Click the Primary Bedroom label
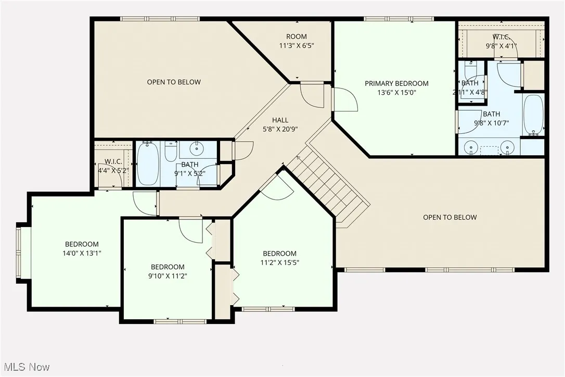pyautogui.click(x=396, y=83)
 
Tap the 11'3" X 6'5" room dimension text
pyautogui.click(x=296, y=45)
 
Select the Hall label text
pyautogui.click(x=279, y=120)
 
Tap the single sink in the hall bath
pyautogui.click(x=197, y=149)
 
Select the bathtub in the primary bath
pyautogui.click(x=533, y=115)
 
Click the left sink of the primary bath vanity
pyautogui.click(x=471, y=148)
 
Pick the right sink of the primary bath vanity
pyautogui.click(x=508, y=148)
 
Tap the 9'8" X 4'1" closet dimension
pyautogui.click(x=502, y=46)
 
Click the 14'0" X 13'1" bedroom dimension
pyautogui.click(x=82, y=253)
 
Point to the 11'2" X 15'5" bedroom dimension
pyautogui.click(x=279, y=262)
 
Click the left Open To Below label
pyautogui.click(x=173, y=82)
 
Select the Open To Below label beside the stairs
pyautogui.click(x=450, y=217)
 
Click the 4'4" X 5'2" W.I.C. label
pyautogui.click(x=113, y=170)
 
